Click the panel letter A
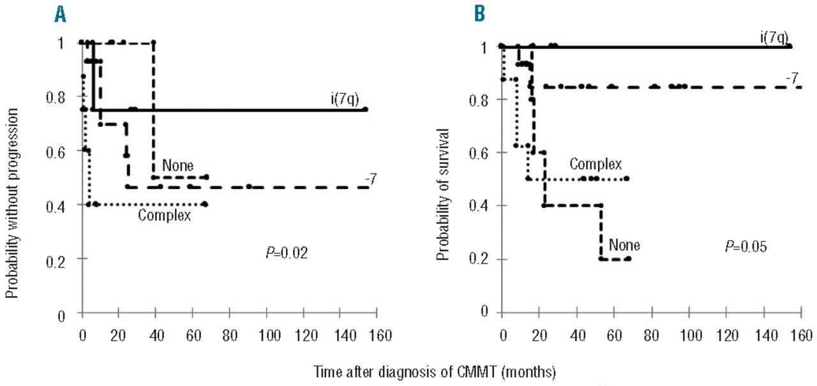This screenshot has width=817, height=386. pyautogui.click(x=61, y=15)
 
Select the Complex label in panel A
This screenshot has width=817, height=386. pyautogui.click(x=165, y=215)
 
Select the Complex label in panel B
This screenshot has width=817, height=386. pyautogui.click(x=596, y=165)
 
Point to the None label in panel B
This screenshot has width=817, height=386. pyautogui.click(x=624, y=244)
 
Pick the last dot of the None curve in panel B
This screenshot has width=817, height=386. pyautogui.click(x=629, y=258)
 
